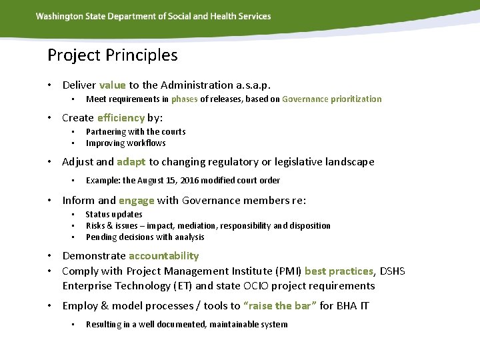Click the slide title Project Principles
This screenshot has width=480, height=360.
point(113,55)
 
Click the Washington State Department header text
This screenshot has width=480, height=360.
point(153,16)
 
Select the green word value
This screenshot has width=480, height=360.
point(112,85)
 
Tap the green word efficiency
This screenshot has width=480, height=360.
point(121,117)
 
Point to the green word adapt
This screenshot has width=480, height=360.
point(131,161)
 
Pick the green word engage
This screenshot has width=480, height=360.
point(137,200)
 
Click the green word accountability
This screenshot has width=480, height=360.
point(163,255)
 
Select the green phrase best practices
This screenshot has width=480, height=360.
point(339,271)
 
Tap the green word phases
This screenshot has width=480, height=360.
point(184,99)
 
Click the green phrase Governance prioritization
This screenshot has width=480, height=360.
point(332,99)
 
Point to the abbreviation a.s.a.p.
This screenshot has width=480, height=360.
point(253,85)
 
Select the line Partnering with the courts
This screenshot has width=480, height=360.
point(136,131)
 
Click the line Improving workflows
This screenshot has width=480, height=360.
point(126,143)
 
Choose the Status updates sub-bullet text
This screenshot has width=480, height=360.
point(114,214)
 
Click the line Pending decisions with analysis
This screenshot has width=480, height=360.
point(145,237)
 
